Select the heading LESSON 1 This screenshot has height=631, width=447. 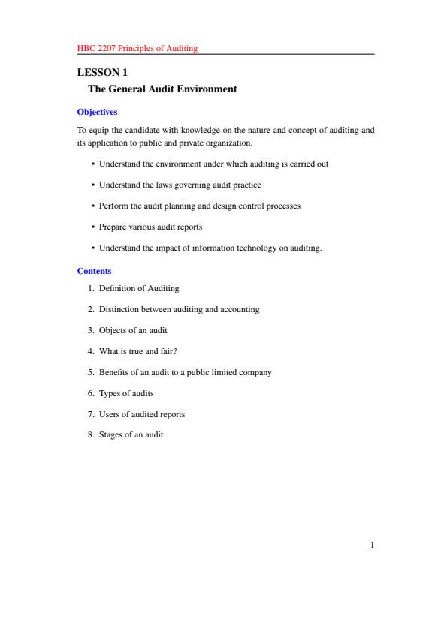(103, 73)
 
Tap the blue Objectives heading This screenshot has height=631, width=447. (97, 112)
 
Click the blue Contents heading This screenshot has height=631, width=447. (94, 271)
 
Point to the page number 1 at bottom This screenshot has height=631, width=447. (372, 545)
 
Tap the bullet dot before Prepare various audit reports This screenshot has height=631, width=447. (92, 226)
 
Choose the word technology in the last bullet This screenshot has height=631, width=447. (258, 247)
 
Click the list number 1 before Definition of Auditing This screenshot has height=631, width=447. (90, 288)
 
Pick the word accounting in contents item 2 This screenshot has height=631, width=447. (240, 309)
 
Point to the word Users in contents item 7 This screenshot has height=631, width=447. (109, 414)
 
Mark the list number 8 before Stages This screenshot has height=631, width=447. (90, 435)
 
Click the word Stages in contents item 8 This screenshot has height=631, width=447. (110, 435)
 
